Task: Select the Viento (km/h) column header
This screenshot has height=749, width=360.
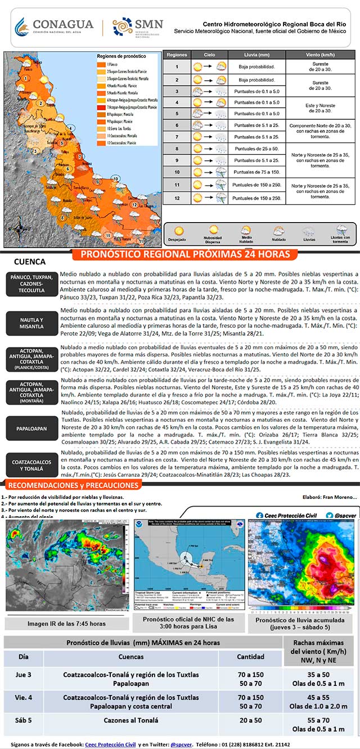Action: pos(321,55)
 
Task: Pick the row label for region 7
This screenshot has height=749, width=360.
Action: pos(177,137)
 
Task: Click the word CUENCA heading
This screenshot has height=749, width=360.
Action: pos(29,261)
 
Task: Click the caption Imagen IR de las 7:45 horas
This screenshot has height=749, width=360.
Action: pos(67,624)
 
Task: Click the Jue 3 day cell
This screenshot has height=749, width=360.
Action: pos(23,679)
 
